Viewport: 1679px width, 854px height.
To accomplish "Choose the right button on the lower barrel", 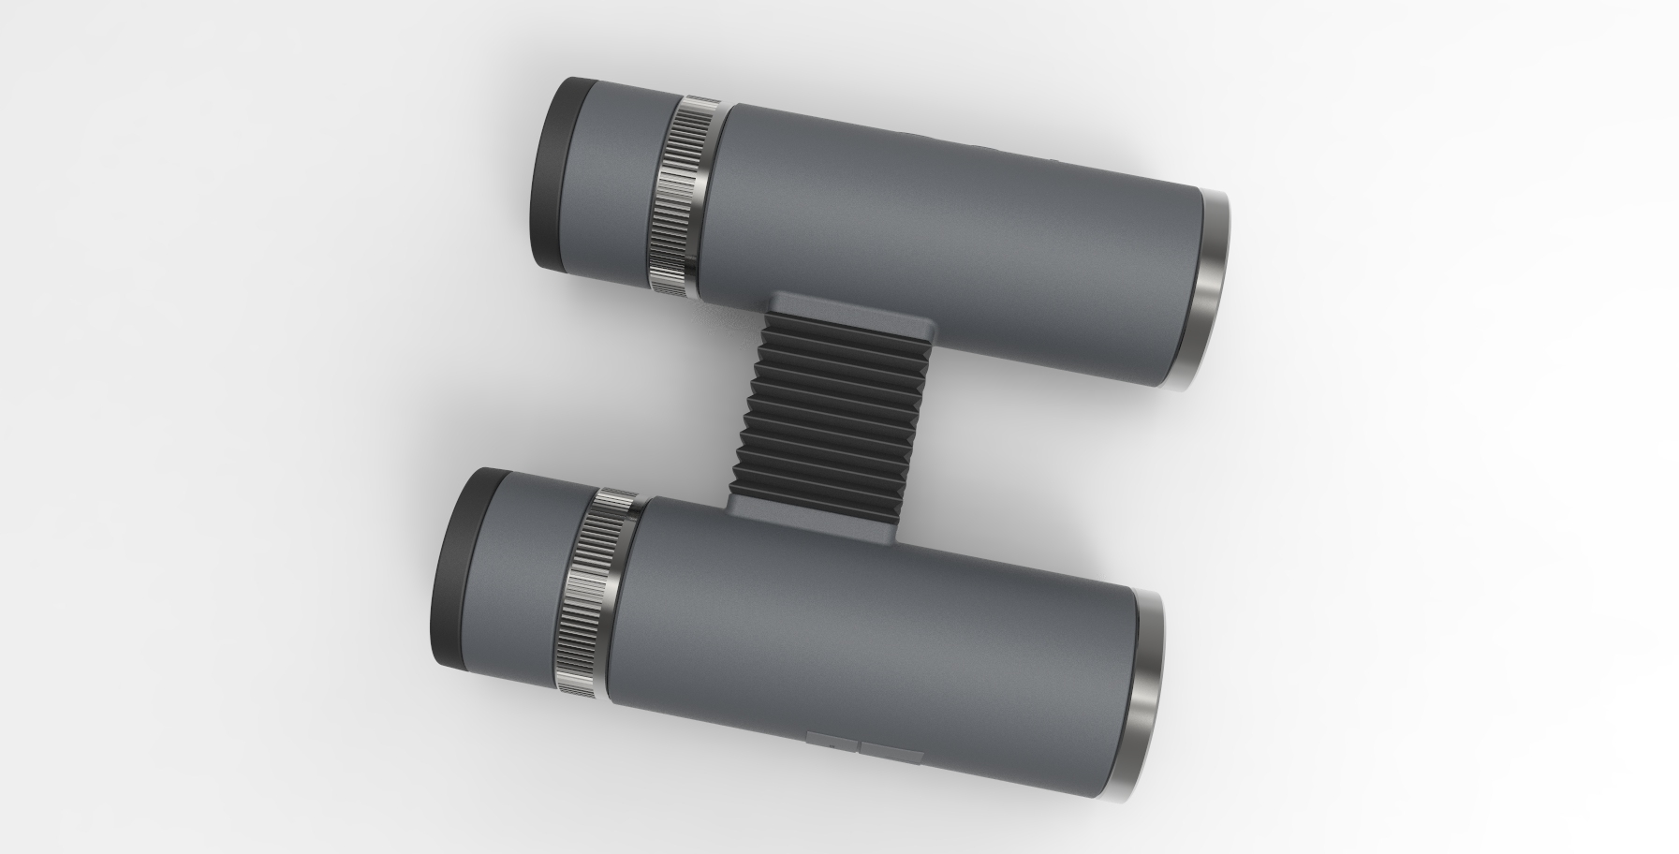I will [893, 753].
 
